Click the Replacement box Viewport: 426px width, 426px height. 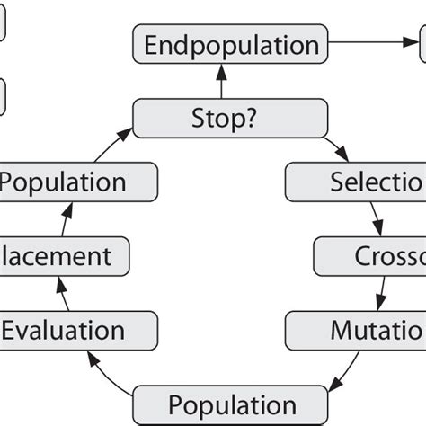tap(67, 256)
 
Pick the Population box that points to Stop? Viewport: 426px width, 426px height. tap(76, 183)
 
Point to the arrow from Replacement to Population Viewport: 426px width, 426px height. tap(64, 220)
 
